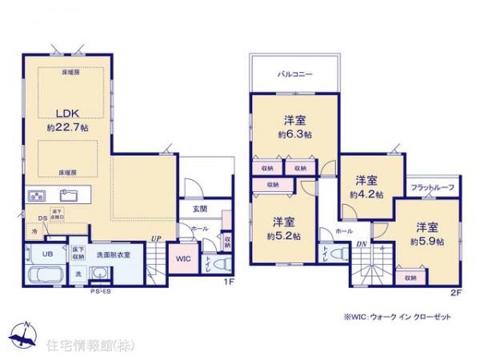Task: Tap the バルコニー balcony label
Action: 294,74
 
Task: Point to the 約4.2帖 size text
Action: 366,194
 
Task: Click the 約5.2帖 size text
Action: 284,237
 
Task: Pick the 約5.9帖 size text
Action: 426,241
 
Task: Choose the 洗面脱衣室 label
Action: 114,254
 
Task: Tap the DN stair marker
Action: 361,244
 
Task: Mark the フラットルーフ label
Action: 433,187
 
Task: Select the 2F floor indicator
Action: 455,293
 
